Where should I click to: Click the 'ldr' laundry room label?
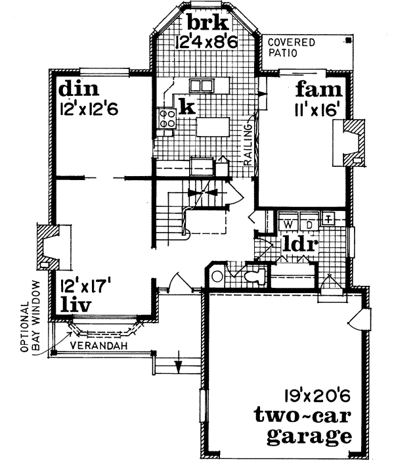(301, 244)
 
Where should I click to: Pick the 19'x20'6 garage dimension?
(312, 396)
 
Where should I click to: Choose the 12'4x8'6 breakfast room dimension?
(206, 43)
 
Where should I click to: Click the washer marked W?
(289, 222)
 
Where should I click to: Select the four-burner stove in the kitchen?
(165, 119)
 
